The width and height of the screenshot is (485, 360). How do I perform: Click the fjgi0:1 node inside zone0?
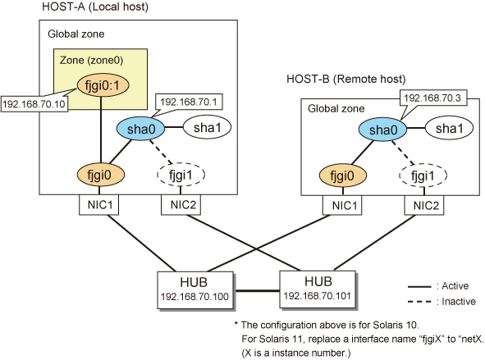[x=103, y=85]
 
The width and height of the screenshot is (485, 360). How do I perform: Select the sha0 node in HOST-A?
[x=140, y=128]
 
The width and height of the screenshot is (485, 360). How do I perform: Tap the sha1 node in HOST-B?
[x=449, y=128]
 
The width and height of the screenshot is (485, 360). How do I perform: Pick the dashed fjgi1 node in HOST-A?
[x=181, y=175]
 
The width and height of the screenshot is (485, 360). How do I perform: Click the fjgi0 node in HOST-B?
[x=342, y=175]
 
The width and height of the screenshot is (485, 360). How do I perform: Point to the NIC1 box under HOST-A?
[x=99, y=204]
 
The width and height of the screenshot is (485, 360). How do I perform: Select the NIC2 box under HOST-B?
[x=424, y=205]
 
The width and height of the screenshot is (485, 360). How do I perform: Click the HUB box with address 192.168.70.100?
[x=194, y=289]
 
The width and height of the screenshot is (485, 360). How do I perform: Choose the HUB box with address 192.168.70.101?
[x=318, y=289]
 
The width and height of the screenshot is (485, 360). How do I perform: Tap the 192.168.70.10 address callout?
[x=34, y=104]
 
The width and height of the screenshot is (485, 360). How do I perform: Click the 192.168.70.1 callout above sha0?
[x=188, y=102]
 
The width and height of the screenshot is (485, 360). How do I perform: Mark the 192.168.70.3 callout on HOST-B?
[x=432, y=98]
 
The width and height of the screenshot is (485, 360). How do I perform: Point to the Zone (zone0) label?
[x=92, y=60]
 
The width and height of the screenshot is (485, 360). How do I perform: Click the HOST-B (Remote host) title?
[x=346, y=79]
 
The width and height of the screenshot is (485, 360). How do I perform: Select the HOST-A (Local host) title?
[x=95, y=7]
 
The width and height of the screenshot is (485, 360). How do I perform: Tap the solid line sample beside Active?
[x=419, y=287]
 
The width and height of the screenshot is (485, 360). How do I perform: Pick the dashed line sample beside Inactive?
[x=419, y=302]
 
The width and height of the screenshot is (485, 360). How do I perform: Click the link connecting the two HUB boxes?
[x=256, y=290]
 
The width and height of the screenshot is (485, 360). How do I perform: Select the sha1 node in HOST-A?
[x=208, y=127]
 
